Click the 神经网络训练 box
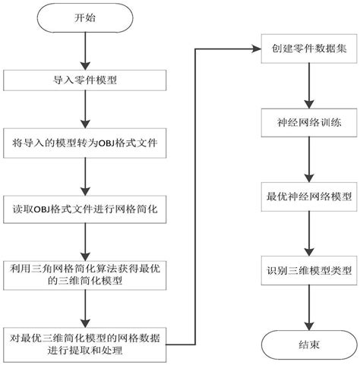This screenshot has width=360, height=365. point(306,122)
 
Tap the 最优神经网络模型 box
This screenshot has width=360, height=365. point(306,195)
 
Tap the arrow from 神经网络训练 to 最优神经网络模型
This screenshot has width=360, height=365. point(306,159)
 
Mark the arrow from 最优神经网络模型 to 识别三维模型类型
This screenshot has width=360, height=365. point(306,233)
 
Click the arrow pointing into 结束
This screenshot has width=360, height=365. point(306,307)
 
